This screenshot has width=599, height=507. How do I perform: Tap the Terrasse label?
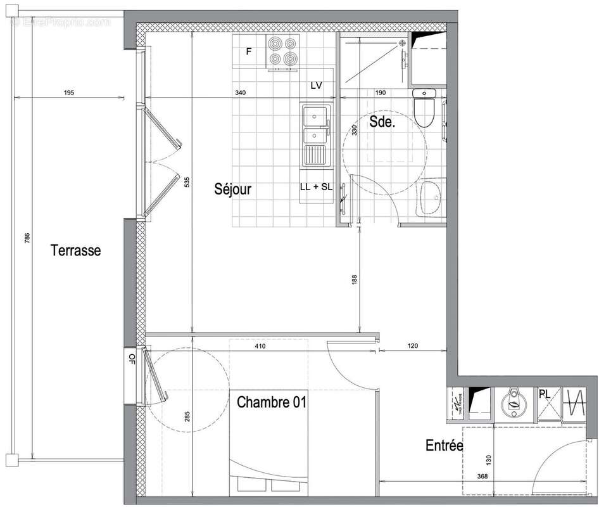pyautogui.click(x=75, y=250)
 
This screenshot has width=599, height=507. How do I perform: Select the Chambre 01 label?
pyautogui.click(x=272, y=402)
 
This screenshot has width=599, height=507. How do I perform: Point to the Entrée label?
pyautogui.click(x=444, y=446)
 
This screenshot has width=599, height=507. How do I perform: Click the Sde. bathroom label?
pyautogui.click(x=382, y=123)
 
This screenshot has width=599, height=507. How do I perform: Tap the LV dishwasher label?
pyautogui.click(x=317, y=85)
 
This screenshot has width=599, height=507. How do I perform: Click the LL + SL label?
pyautogui.click(x=316, y=187)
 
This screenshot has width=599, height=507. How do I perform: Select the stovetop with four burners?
pyautogui.click(x=282, y=51)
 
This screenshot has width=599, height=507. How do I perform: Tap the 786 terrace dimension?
pyautogui.click(x=27, y=239)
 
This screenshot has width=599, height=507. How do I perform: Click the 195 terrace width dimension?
pyautogui.click(x=69, y=93)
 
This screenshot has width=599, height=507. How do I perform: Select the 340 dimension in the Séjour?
pyautogui.click(x=240, y=93)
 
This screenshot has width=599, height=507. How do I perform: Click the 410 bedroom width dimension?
pyautogui.click(x=260, y=347)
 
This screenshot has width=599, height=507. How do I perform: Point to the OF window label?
pyautogui.click(x=132, y=359)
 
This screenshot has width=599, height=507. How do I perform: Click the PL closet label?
pyautogui.click(x=544, y=394)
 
